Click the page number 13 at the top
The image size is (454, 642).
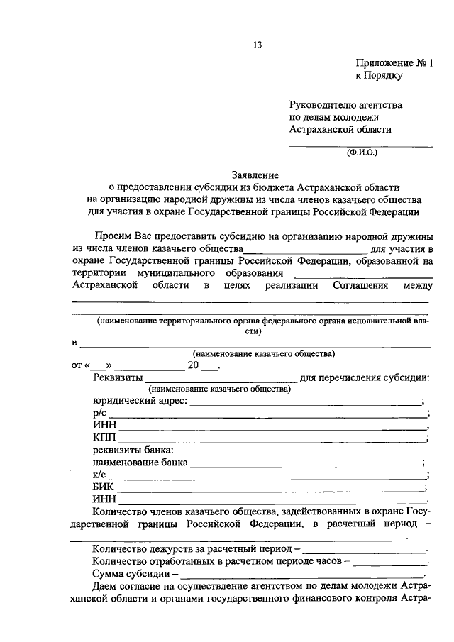click(257, 45)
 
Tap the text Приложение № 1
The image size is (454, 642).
click(394, 62)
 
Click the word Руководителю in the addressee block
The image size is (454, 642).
click(324, 104)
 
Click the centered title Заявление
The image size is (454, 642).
click(255, 175)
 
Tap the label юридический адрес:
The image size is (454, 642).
click(140, 401)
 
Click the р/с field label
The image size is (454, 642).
click(99, 414)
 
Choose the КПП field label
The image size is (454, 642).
click(104, 438)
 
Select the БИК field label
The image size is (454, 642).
click(104, 487)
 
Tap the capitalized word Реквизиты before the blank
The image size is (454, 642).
click(117, 377)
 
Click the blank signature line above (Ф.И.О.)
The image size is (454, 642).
click(360, 145)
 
